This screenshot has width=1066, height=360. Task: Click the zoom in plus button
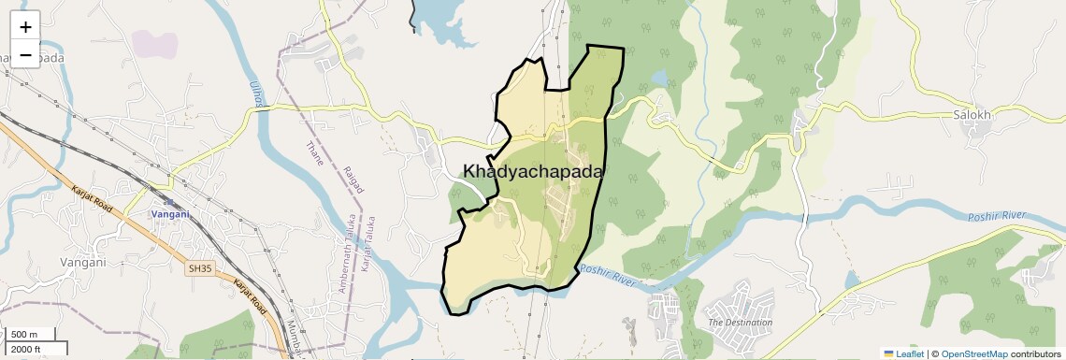coord(25,27)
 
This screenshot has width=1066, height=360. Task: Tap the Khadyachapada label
coord(533,172)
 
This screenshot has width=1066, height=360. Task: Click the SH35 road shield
coord(200,268)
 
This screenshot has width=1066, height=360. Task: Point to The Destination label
coord(741,323)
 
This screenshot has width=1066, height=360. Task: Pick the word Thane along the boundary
coord(315,153)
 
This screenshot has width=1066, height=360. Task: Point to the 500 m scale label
coord(24,335)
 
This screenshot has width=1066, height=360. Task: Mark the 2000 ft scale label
coord(26,349)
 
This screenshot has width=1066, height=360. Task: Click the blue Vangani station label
coord(171,214)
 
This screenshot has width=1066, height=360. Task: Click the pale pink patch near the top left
coord(154,42)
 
